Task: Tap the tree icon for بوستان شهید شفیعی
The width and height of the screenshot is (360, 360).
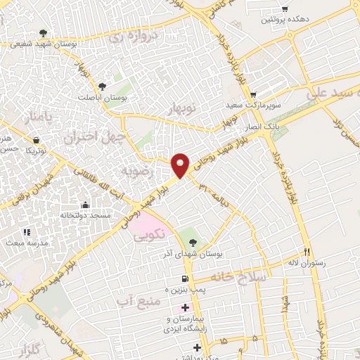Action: tap(44, 32)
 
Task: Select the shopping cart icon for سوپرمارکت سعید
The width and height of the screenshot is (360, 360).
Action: tap(253, 94)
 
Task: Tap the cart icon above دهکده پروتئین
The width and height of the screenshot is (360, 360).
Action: tap(284, 9)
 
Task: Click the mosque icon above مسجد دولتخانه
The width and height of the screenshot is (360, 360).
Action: tap(84, 205)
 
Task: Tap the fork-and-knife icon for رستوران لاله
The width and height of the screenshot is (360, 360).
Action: tap(307, 251)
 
